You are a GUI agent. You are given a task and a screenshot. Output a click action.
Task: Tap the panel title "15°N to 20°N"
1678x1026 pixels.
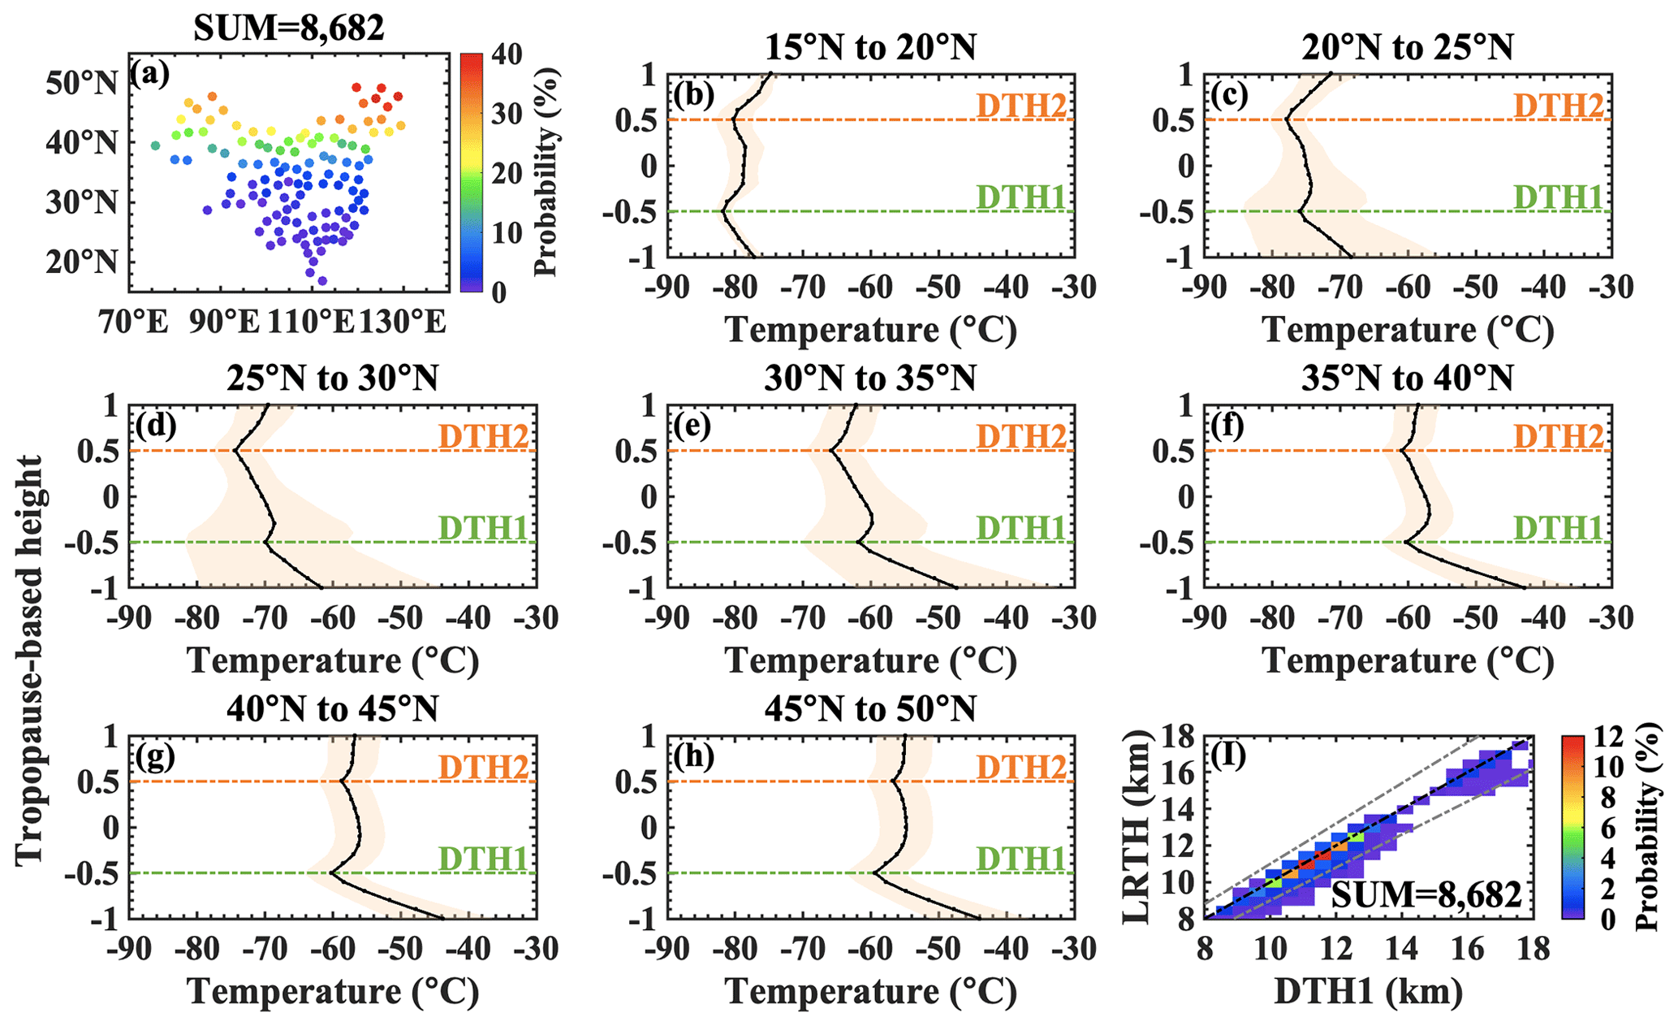click(869, 48)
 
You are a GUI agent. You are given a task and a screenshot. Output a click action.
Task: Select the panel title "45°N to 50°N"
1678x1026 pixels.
click(869, 710)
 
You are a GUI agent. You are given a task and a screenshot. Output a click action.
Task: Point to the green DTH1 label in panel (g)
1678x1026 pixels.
click(484, 859)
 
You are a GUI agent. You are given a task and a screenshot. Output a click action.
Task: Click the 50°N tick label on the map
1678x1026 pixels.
click(81, 82)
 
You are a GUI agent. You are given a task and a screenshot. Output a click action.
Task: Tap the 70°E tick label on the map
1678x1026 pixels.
click(135, 323)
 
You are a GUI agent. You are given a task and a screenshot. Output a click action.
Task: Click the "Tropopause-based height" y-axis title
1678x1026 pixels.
click(28, 660)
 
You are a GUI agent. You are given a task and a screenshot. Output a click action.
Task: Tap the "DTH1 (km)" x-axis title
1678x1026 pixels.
click(1368, 991)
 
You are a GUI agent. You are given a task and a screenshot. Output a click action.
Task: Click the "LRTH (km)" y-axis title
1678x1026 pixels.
click(1140, 826)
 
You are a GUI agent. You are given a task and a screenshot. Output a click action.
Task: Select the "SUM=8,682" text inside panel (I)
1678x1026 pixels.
click(1426, 894)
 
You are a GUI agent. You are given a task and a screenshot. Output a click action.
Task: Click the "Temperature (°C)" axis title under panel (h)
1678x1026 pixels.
click(871, 991)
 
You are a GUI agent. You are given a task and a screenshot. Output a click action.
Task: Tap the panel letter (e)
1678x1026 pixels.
click(691, 426)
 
